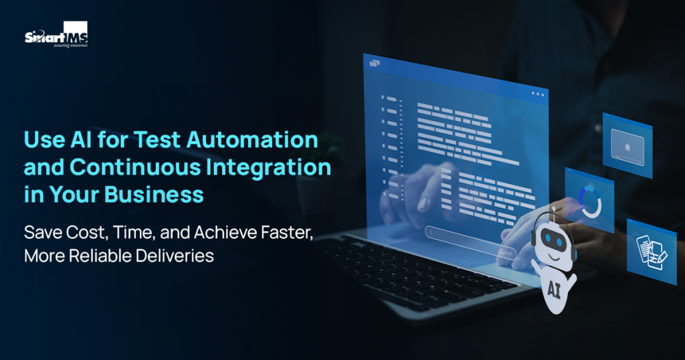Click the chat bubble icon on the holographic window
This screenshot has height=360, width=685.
[x=373, y=63]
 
